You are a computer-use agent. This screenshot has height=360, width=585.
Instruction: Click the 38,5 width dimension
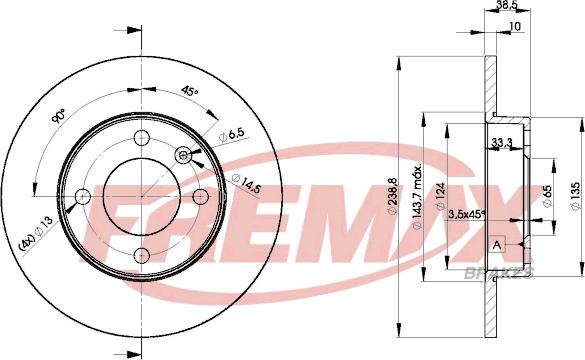tap(508, 4)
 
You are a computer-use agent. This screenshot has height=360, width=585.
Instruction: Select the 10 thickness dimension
tap(514, 26)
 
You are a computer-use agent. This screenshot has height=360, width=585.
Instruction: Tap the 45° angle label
tap(190, 91)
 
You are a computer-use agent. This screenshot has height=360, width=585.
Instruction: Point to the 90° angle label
tap(59, 116)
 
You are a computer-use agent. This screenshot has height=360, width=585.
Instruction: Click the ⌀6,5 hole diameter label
tap(231, 135)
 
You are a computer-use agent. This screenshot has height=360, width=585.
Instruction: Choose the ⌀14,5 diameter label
tap(245, 184)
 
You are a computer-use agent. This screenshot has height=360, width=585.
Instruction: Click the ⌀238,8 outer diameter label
tap(392, 197)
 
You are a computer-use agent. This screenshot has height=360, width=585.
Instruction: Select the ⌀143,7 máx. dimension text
tap(417, 196)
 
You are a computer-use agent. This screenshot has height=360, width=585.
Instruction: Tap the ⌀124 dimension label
tap(441, 197)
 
